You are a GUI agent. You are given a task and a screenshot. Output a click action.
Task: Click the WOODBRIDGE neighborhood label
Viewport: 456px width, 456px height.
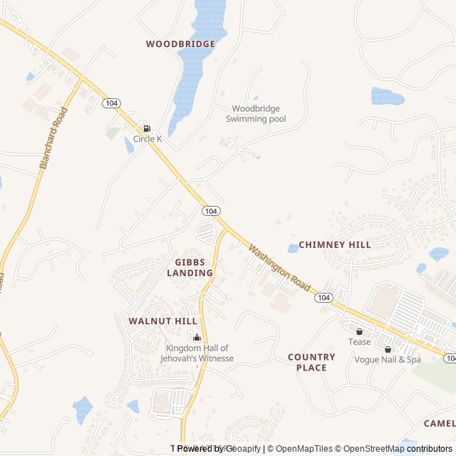click(180, 44)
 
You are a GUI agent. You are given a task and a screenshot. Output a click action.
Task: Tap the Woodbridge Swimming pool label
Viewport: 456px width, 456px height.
click(256, 114)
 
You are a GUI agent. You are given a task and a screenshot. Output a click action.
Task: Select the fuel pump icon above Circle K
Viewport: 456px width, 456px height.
click(147, 128)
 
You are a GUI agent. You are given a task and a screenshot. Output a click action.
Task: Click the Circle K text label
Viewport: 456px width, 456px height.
click(147, 139)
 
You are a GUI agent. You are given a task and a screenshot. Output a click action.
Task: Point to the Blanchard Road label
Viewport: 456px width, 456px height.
click(53, 138)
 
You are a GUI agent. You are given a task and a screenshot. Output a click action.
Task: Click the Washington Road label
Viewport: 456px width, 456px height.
click(279, 267)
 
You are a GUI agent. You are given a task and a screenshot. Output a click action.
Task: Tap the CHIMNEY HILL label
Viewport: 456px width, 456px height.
click(334, 244)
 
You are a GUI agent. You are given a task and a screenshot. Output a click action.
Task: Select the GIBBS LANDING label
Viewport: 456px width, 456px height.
click(190, 267)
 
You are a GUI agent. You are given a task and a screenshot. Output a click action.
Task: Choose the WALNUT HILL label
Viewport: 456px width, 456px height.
click(163, 321)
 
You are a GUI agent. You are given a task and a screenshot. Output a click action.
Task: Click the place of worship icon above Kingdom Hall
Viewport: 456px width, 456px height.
click(197, 337)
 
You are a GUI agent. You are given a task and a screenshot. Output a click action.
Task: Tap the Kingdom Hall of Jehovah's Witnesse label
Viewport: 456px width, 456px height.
click(199, 353)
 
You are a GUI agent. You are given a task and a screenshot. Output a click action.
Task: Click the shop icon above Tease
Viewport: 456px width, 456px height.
click(359, 331)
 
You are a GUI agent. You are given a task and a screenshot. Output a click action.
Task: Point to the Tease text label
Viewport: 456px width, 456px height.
click(359, 342)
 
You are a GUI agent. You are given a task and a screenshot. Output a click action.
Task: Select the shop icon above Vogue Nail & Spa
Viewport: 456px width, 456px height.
click(388, 349)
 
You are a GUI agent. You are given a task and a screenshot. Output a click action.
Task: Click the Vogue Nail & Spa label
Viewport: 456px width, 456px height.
click(388, 360)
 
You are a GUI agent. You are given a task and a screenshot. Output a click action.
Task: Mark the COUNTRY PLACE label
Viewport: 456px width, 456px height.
click(311, 362)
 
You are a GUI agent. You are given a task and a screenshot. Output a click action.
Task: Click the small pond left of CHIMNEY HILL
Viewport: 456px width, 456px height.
click(293, 249)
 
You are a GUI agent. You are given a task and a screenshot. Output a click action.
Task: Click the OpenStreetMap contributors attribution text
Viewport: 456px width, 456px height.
click(393, 449)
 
